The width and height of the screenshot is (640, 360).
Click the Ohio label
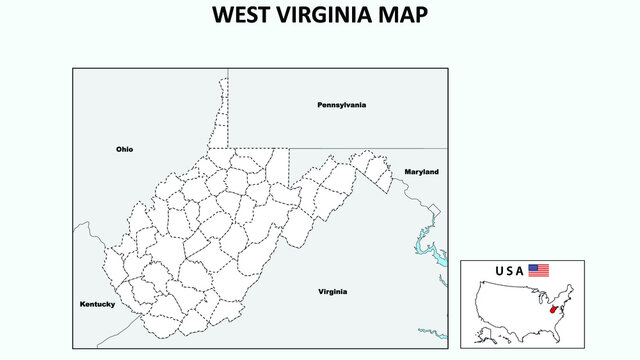point(124,149)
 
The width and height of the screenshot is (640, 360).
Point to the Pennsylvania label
point(341,104)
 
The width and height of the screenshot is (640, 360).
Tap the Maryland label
point(421,172)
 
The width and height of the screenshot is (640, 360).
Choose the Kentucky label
point(98,304)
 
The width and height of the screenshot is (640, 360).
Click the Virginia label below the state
point(333,292)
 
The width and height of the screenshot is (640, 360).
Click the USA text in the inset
point(509,270)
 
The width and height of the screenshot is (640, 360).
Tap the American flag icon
point(539,270)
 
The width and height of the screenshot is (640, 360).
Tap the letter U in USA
point(499,270)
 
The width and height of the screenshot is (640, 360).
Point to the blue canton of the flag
point(533,267)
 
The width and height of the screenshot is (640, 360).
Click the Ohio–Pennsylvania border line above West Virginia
point(228,100)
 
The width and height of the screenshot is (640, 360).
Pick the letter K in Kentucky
point(83,304)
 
